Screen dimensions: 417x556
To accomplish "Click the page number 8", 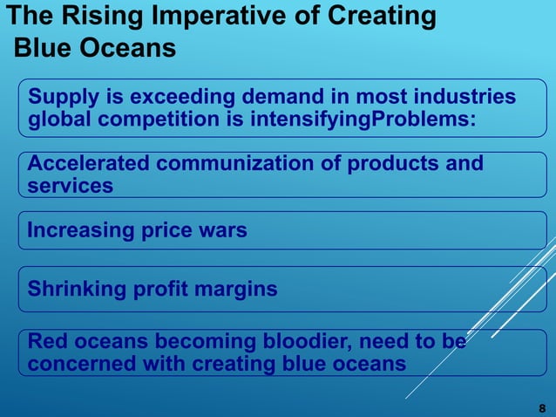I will [x=542, y=407].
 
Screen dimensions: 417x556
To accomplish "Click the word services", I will [x=71, y=187].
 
